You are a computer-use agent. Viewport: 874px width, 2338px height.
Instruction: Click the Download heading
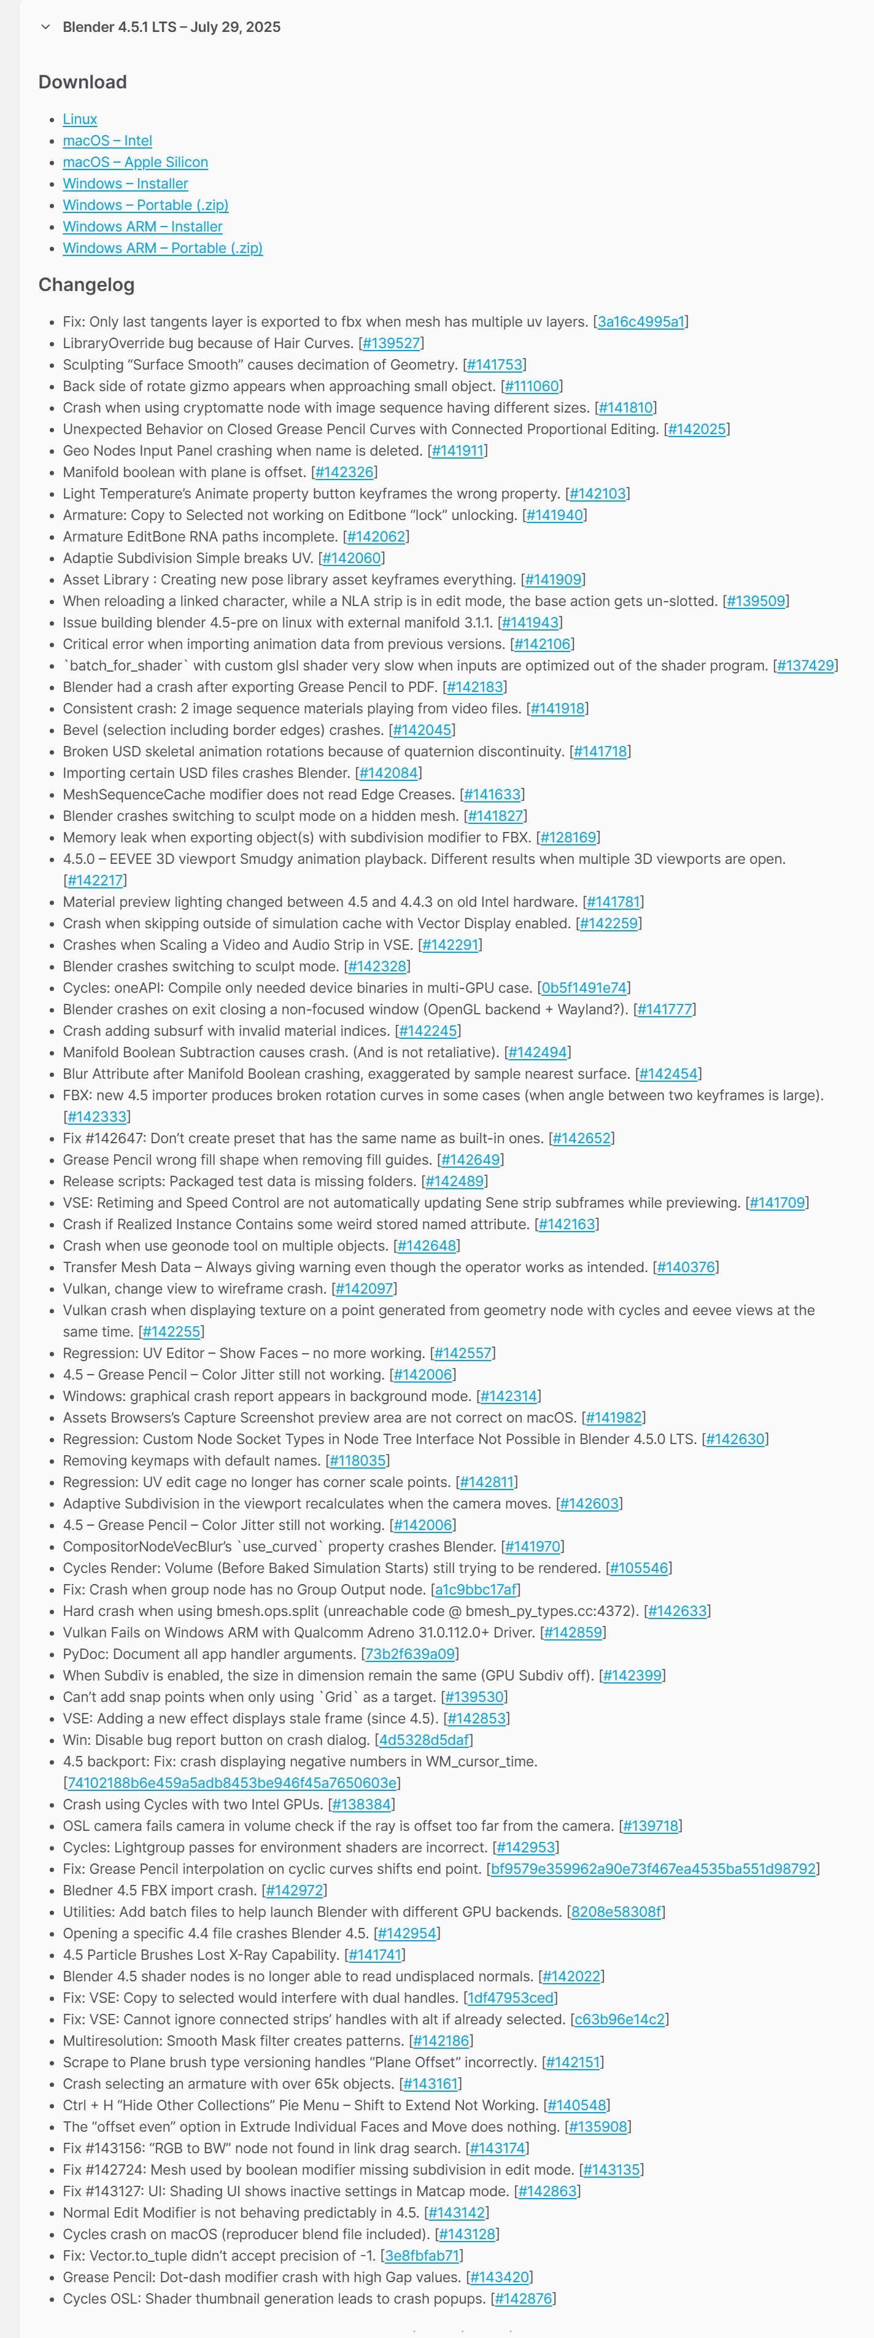(83, 83)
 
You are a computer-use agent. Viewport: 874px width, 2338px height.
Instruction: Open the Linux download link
(80, 119)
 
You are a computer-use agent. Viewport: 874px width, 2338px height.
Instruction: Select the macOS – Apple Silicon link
(135, 163)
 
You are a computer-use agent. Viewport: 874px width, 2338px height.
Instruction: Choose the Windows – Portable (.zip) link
(145, 205)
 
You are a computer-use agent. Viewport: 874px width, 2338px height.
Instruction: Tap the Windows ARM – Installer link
(142, 227)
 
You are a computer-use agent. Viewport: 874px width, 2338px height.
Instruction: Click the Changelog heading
(86, 285)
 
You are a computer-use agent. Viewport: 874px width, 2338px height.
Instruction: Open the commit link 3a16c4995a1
(641, 322)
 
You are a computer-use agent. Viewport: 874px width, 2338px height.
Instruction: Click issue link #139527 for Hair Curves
(391, 344)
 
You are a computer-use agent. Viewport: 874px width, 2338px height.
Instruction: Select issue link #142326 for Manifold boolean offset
(344, 473)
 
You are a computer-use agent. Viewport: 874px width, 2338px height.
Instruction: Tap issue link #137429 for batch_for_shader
(805, 666)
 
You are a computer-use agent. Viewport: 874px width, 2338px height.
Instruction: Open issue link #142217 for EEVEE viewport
(95, 880)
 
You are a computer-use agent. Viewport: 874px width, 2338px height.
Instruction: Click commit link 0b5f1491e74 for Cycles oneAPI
(584, 988)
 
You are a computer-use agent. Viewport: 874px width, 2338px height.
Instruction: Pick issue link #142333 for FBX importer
(97, 1117)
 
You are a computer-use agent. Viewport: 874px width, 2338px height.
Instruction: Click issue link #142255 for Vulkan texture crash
(171, 1332)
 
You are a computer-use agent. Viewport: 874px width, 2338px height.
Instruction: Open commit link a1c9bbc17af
(476, 1590)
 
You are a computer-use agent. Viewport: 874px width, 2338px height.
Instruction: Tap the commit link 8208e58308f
(616, 1913)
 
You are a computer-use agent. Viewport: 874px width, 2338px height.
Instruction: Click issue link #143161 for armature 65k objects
(431, 2084)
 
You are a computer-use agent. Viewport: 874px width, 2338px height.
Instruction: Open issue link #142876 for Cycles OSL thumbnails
(523, 2299)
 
